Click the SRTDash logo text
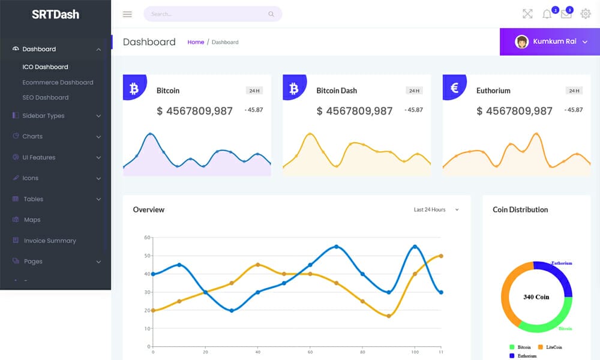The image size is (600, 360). (x=55, y=14)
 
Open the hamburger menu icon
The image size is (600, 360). (x=127, y=14)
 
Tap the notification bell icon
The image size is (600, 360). (x=547, y=14)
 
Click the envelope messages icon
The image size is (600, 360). (x=566, y=14)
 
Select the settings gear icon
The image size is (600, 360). (x=586, y=14)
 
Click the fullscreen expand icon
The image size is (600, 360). (x=527, y=14)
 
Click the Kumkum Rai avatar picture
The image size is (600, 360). (x=522, y=41)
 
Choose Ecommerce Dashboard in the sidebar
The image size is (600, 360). (x=58, y=82)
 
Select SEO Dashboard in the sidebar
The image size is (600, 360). (x=46, y=97)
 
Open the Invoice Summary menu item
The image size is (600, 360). (x=50, y=241)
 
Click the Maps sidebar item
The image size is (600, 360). (x=32, y=220)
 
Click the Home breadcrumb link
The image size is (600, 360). (x=196, y=42)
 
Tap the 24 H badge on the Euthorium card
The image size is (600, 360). (x=574, y=91)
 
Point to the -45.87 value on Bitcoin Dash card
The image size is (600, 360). (x=413, y=110)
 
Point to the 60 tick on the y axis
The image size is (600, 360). (x=147, y=238)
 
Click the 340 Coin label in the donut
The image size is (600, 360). (x=536, y=297)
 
